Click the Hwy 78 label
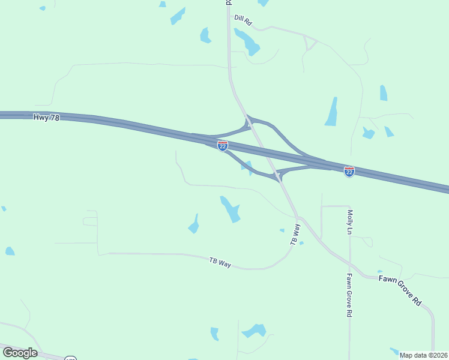[x=47, y=118]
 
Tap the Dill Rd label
[x=243, y=20]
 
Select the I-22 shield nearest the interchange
[x=223, y=146]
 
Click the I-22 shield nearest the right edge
[x=349, y=172]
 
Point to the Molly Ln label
[x=349, y=221]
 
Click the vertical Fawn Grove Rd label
[x=348, y=295]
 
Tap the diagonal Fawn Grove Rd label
[x=400, y=290]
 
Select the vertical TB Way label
[x=294, y=234]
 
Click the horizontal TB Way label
[x=220, y=262]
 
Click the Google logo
[x=20, y=353]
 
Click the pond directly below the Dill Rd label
[x=247, y=41]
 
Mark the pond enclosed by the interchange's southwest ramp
[x=247, y=167]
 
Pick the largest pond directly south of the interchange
[x=231, y=209]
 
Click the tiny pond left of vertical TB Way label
[x=282, y=230]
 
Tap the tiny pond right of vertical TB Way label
[x=301, y=243]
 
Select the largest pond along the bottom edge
[x=255, y=331]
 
